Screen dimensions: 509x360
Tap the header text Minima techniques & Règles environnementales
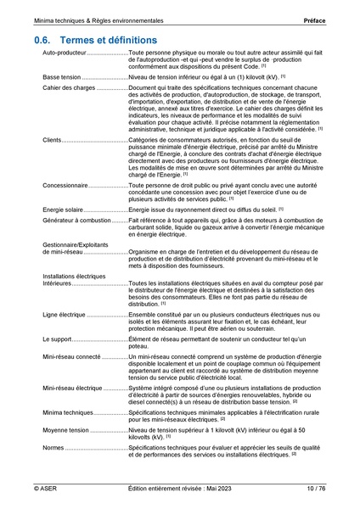coord(96,18)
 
